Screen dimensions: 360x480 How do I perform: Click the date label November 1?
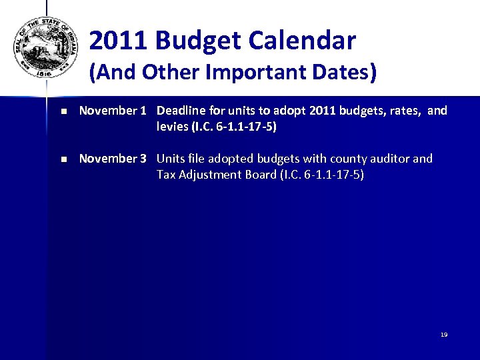tap(112, 111)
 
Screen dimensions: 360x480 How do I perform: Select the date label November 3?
tap(112, 159)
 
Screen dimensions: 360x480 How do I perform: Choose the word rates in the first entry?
tap(404, 111)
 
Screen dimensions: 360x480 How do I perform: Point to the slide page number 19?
tap(443, 335)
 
